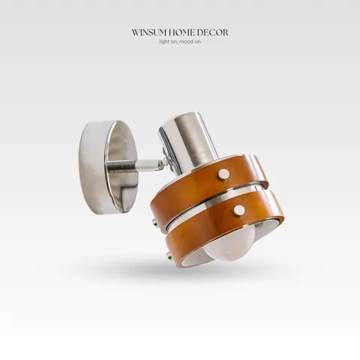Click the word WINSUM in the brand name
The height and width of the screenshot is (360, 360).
pyautogui.click(x=147, y=33)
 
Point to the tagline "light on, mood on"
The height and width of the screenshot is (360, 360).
pyautogui.click(x=180, y=42)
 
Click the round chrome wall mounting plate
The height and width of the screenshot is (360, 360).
pyautogui.click(x=108, y=167)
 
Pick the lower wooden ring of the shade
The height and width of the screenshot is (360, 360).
pyautogui.click(x=225, y=225)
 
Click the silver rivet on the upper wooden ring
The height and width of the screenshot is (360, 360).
pyautogui.click(x=223, y=173)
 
